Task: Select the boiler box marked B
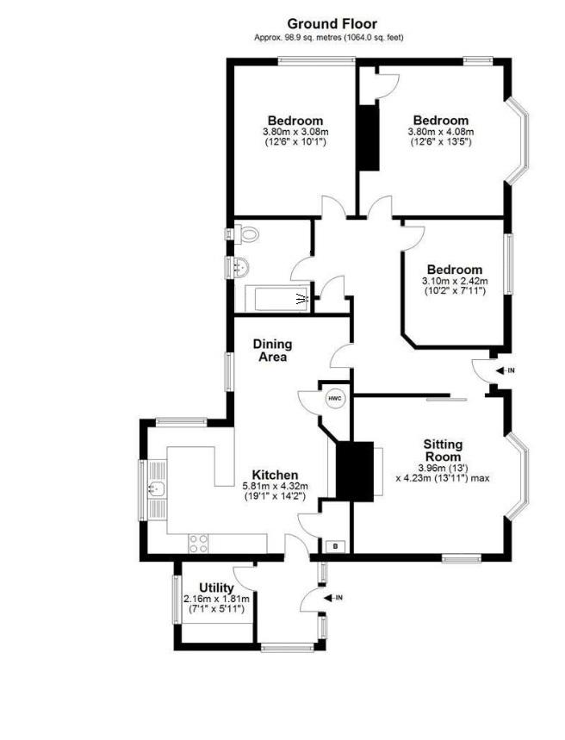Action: click(335, 545)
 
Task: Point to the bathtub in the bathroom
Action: click(274, 300)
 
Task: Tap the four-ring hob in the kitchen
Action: click(199, 543)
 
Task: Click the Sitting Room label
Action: click(442, 450)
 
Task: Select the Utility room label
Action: click(216, 588)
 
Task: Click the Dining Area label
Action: click(270, 350)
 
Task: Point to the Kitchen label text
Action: click(275, 475)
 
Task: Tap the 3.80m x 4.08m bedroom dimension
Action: click(441, 132)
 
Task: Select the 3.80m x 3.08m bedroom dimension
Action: click(295, 132)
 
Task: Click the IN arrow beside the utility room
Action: click(331, 596)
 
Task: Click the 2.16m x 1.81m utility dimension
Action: click(216, 599)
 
